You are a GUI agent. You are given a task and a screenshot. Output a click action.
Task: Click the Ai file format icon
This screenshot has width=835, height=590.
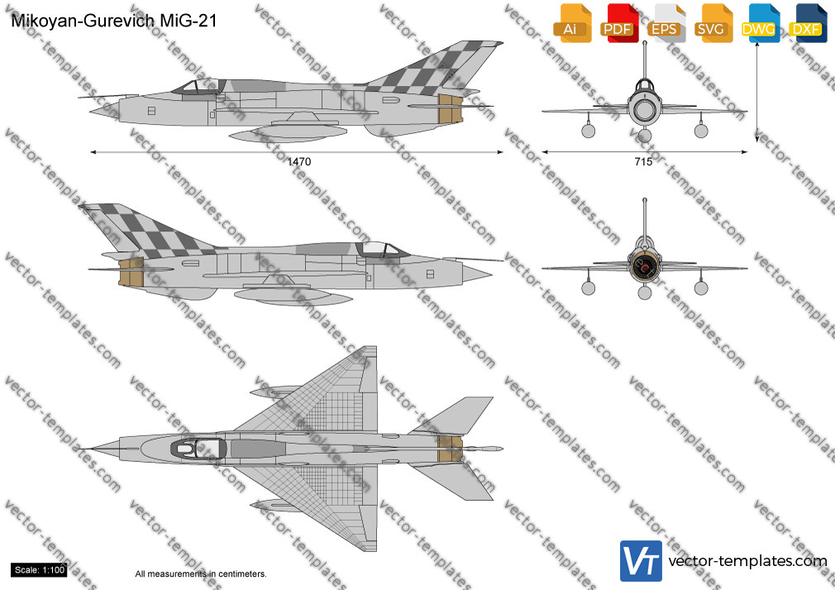(572, 23)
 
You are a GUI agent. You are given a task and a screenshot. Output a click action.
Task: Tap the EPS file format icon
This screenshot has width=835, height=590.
(666, 23)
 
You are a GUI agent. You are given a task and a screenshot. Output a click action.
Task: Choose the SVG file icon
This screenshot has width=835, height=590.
(713, 23)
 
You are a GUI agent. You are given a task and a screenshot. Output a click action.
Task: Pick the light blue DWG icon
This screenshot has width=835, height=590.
(760, 23)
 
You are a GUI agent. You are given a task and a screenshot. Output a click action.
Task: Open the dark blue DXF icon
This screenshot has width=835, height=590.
(808, 23)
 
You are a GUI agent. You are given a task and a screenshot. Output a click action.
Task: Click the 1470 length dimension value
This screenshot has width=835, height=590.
(299, 162)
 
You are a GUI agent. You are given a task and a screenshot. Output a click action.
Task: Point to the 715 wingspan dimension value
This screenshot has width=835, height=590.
(643, 162)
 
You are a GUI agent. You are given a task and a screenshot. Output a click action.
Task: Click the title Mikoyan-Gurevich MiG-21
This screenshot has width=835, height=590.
(114, 21)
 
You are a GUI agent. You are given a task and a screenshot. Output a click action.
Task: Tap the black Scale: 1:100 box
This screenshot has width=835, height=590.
(40, 570)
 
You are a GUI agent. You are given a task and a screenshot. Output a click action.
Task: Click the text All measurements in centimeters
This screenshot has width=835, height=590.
(201, 574)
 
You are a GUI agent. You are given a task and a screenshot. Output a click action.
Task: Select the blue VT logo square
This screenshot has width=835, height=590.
(642, 561)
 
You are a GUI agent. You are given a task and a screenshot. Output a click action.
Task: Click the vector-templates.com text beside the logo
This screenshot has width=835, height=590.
(747, 561)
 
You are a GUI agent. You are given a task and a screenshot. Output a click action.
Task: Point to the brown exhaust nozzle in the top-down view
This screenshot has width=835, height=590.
(450, 449)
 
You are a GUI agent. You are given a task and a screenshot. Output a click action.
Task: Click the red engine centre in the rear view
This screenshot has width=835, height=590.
(644, 266)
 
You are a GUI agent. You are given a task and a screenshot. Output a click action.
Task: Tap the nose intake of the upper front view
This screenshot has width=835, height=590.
(644, 110)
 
